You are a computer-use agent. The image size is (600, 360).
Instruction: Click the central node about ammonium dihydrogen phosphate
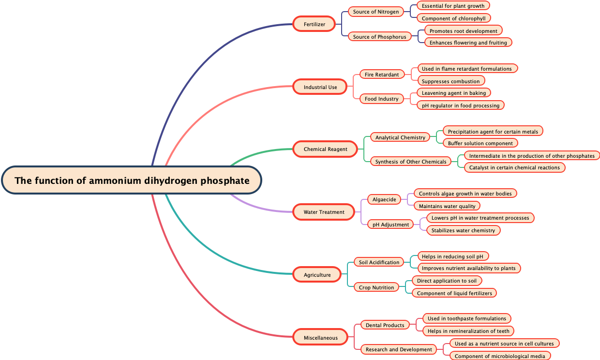[132, 180]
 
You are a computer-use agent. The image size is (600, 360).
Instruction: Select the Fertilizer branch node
[314, 24]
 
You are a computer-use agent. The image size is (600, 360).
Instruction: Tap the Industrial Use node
[320, 87]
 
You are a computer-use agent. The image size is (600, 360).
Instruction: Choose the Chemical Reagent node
[325, 149]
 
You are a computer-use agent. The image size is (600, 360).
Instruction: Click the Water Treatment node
[324, 212]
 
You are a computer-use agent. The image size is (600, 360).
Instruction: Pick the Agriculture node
[317, 275]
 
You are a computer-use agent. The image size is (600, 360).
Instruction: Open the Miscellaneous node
[320, 337]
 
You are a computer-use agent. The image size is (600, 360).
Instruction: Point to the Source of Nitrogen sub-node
[376, 12]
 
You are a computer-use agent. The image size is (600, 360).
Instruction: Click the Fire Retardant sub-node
[382, 75]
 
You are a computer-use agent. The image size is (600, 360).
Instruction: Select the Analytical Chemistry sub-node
[400, 137]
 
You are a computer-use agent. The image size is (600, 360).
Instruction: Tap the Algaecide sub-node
[384, 199]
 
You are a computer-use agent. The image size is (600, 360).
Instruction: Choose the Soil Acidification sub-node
[379, 262]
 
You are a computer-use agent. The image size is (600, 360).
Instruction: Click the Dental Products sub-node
[385, 325]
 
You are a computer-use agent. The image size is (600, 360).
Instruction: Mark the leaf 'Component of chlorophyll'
[453, 18]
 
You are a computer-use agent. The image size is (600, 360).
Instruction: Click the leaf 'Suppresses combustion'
[450, 81]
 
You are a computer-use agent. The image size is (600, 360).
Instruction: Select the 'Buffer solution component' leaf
[480, 143]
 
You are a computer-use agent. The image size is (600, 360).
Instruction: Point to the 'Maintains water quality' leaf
[447, 206]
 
